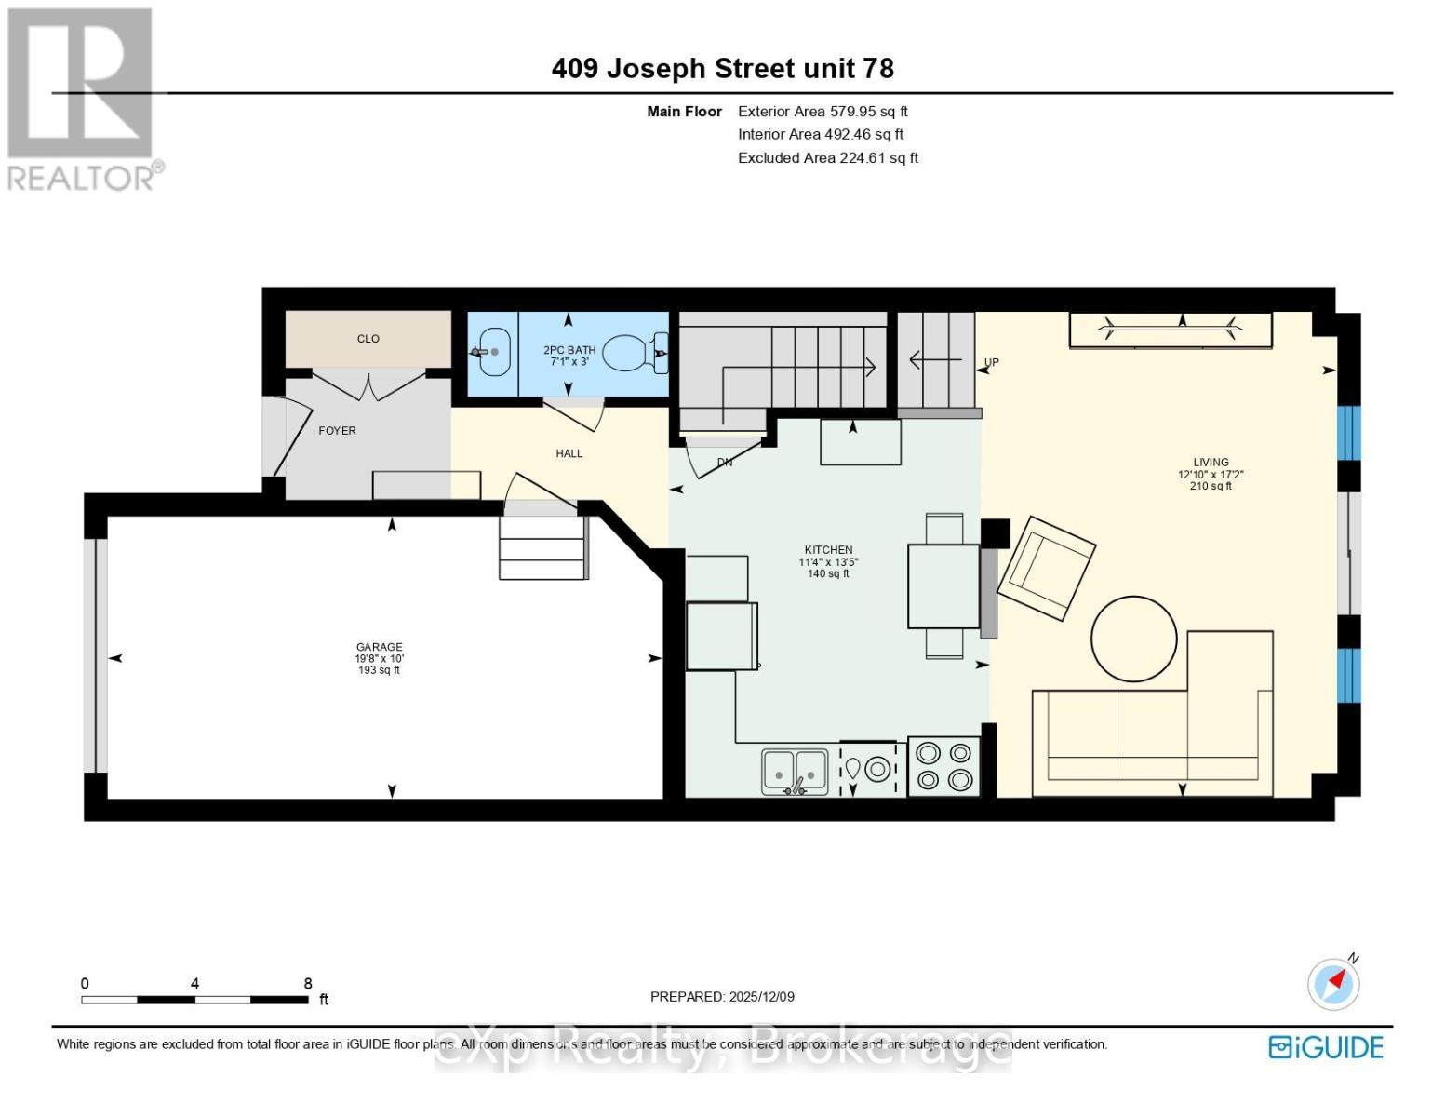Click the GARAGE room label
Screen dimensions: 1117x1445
click(x=379, y=647)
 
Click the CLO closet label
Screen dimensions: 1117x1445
click(x=368, y=339)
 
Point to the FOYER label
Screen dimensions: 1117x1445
click(x=337, y=431)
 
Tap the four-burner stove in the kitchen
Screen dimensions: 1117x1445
click(x=943, y=766)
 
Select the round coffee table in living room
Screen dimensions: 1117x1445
click(x=1133, y=639)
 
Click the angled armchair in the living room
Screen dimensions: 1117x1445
click(x=1047, y=568)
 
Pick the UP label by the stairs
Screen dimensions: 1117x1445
click(x=991, y=363)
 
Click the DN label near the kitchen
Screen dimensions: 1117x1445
click(x=725, y=463)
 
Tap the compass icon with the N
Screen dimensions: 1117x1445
click(x=1333, y=983)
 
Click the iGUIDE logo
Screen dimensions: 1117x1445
click(x=1326, y=1047)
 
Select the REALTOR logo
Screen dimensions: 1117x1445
click(x=82, y=98)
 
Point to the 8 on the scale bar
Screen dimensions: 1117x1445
click(x=308, y=984)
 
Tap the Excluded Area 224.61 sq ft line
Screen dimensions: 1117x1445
click(x=827, y=158)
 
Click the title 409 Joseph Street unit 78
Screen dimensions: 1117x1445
click(x=722, y=69)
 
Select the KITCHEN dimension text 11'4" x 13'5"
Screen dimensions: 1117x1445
click(x=828, y=562)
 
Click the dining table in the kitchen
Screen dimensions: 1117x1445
click(x=943, y=586)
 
